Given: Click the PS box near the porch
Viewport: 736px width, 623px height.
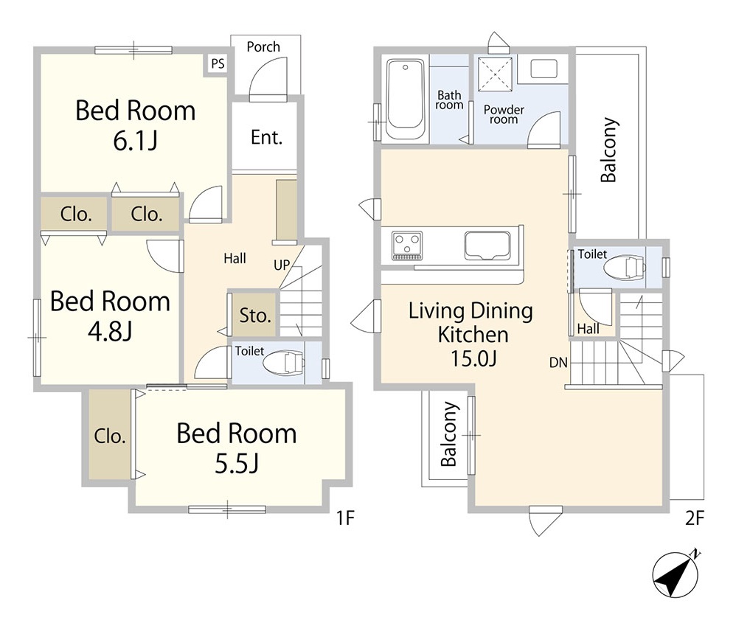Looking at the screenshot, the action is [x=218, y=63].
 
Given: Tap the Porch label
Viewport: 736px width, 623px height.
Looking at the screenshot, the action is [x=263, y=47].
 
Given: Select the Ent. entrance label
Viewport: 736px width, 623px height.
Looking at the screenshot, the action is [x=266, y=137].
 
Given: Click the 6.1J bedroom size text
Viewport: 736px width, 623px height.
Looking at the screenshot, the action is [x=135, y=141].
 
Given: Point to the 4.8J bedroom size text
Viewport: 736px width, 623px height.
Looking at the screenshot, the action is [x=110, y=331].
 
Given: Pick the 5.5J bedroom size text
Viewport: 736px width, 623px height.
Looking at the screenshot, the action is [x=237, y=463].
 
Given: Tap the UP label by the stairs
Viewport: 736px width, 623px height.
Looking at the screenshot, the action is [x=282, y=265].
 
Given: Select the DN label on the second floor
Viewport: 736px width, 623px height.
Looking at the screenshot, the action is [x=558, y=363].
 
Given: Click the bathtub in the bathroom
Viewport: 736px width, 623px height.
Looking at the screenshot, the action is [x=406, y=100].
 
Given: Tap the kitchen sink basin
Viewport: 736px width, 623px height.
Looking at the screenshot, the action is [x=487, y=246].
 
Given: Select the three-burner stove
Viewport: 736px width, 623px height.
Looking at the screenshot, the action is [x=407, y=246].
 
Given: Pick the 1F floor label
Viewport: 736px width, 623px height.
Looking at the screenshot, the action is [x=345, y=518].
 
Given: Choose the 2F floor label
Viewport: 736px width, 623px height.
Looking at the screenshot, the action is [x=695, y=518].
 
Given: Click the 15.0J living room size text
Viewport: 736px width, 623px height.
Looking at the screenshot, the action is [x=473, y=358].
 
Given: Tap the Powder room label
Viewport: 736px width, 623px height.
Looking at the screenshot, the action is [x=504, y=114].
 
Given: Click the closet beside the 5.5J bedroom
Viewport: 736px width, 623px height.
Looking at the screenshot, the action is [x=110, y=435].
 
